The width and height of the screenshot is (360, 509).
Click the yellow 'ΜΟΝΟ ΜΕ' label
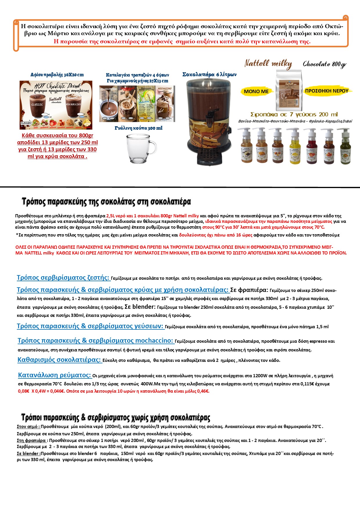click(256, 91)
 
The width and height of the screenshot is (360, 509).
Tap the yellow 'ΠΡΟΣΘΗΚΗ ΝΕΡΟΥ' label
click(327, 91)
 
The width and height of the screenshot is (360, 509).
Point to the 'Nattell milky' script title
click(268, 64)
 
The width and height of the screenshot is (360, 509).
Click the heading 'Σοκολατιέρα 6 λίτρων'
click(209, 75)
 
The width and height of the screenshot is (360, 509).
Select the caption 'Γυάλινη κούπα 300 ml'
click(138, 128)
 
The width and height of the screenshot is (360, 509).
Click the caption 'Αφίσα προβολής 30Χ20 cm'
click(57, 75)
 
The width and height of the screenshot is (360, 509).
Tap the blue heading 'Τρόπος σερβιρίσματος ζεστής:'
click(63, 278)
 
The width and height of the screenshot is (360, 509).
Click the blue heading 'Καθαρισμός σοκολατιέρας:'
click(59, 360)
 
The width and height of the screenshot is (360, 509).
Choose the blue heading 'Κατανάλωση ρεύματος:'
click(55, 375)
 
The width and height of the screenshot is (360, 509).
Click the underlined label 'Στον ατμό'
click(28, 427)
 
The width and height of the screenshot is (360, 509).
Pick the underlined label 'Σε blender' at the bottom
click(28, 453)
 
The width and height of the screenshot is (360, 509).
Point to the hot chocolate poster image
click(56, 105)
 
